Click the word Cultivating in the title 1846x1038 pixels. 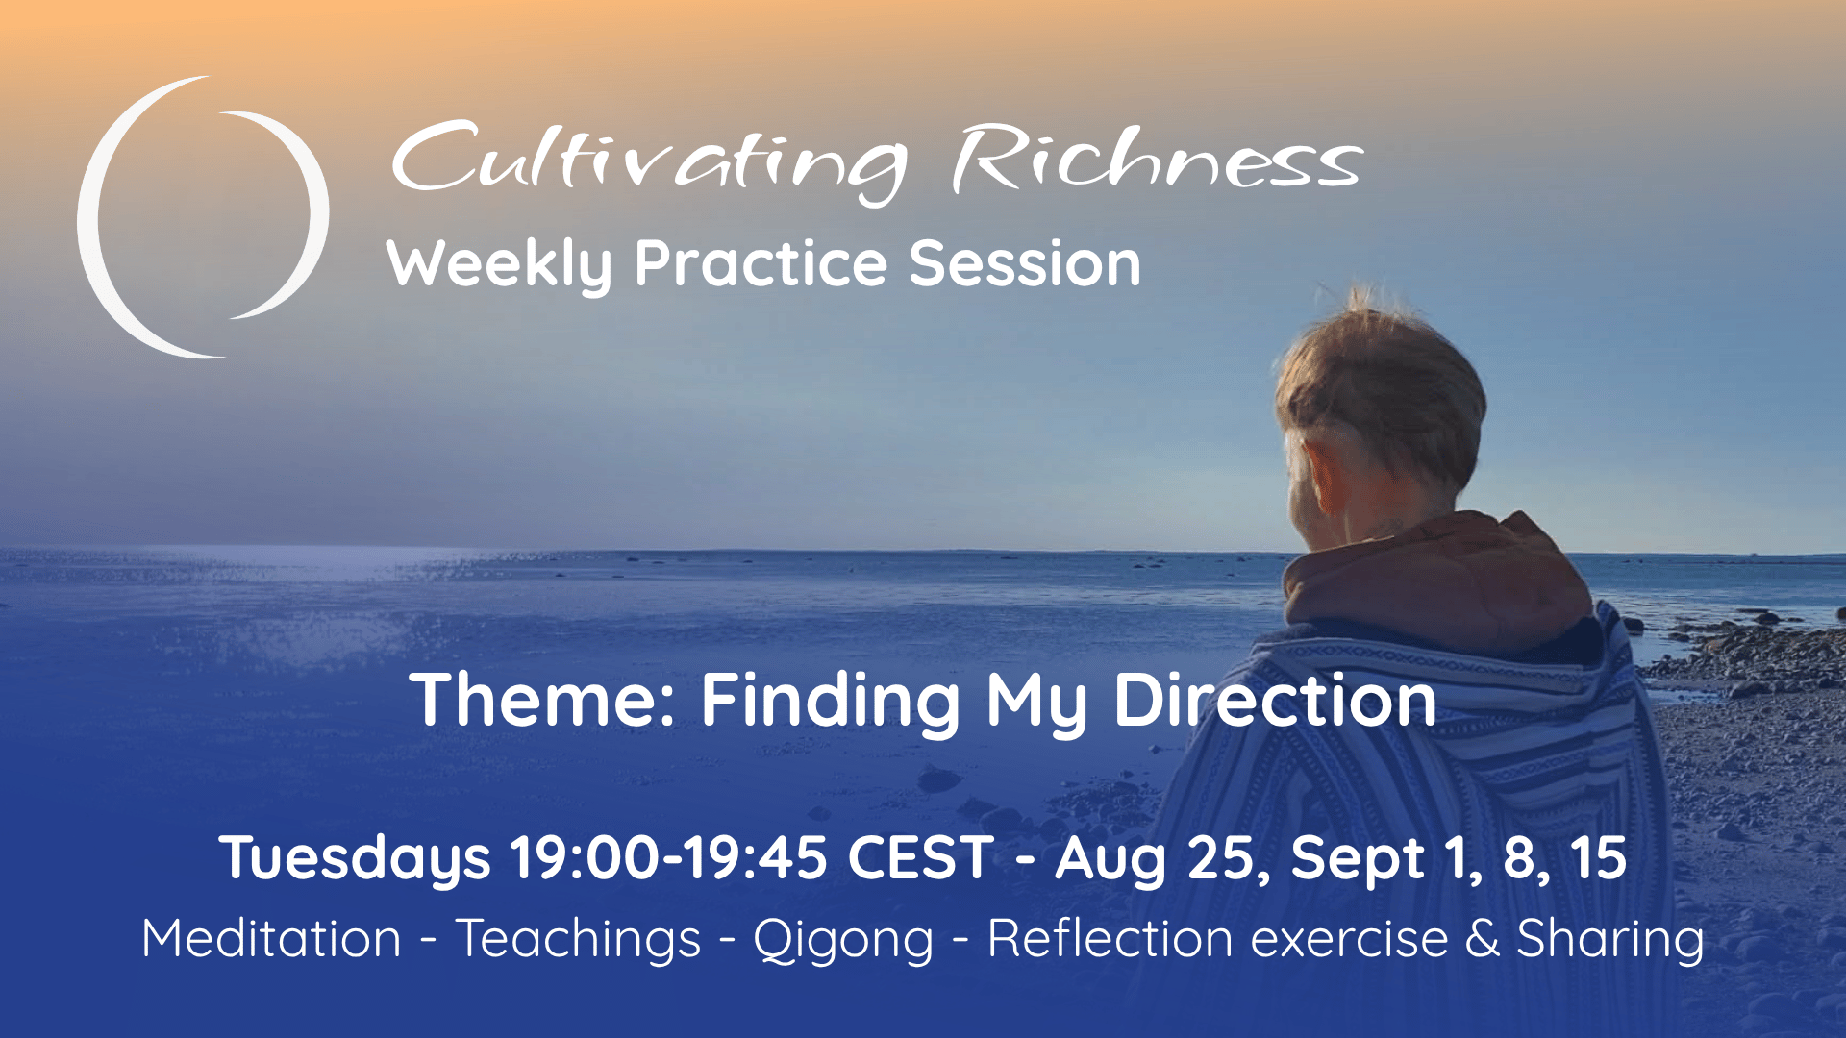coord(649,161)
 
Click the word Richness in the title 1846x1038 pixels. coord(1158,159)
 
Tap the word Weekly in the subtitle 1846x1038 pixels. coord(499,263)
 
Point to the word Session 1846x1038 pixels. coord(1025,263)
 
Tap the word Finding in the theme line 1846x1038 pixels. coord(830,702)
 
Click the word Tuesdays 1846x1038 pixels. coord(355,858)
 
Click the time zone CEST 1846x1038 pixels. coord(920,857)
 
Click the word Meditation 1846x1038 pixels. coord(271,938)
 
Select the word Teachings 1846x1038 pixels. coord(578,940)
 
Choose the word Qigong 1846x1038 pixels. coord(843,940)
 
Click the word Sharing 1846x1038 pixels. coord(1610,940)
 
